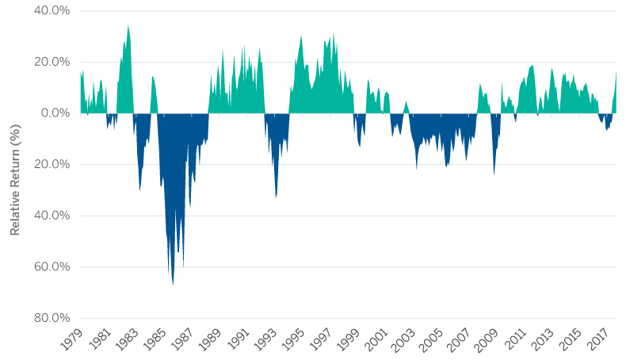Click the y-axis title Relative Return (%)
(x=15, y=164)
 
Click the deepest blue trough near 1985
(x=173, y=284)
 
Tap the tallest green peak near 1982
(x=128, y=26)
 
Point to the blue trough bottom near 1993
(x=276, y=197)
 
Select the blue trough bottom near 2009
(x=494, y=174)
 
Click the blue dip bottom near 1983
(x=140, y=190)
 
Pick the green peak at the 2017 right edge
(x=616, y=71)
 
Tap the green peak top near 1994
(x=301, y=36)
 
